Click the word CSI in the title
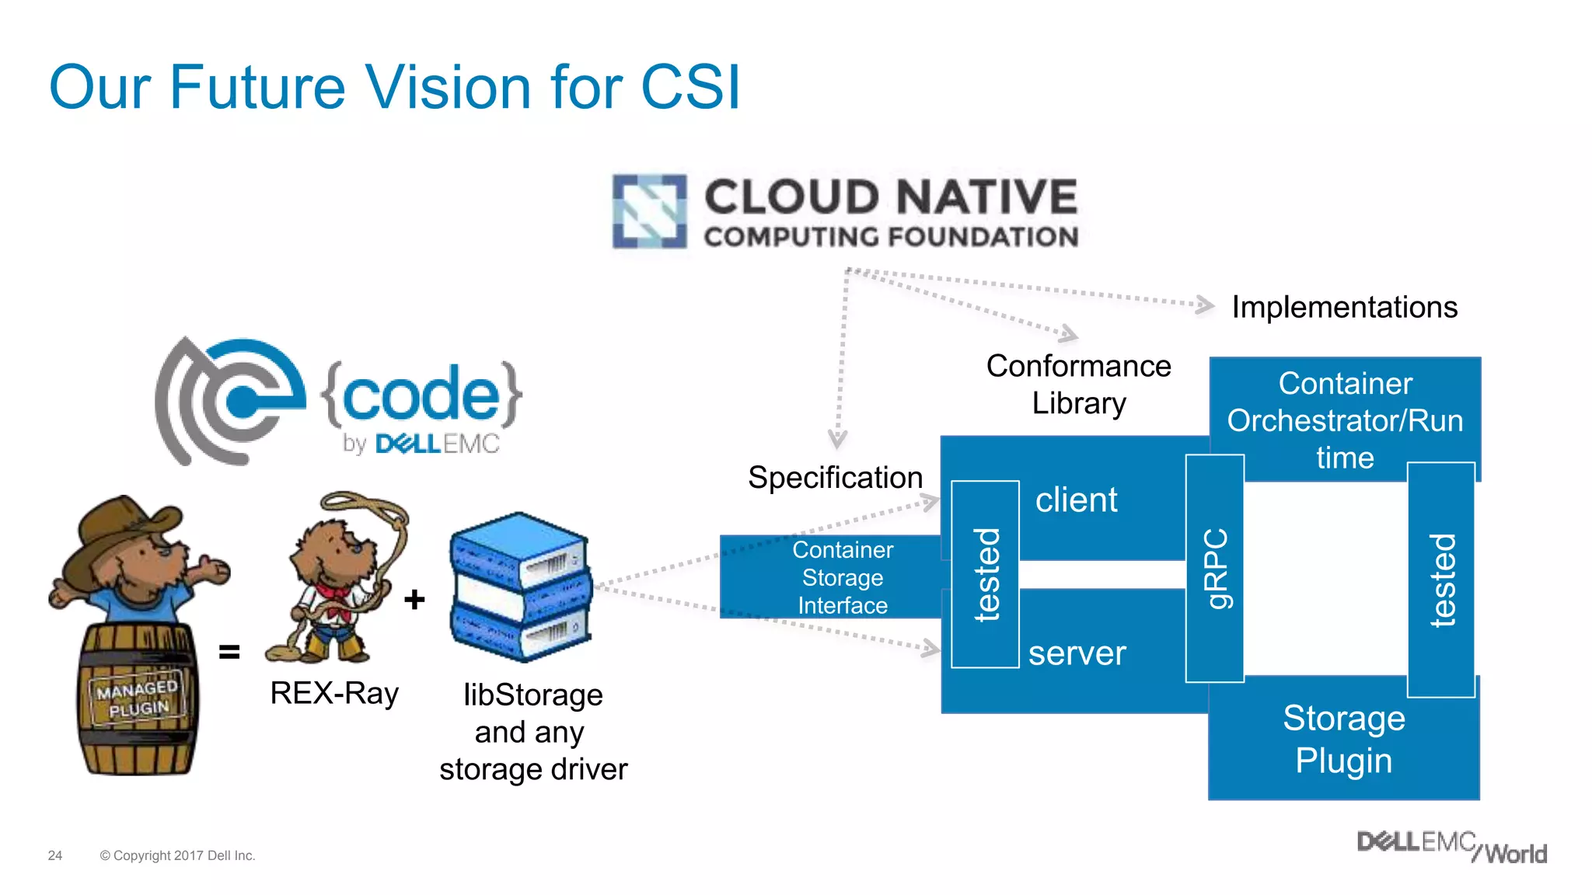(690, 87)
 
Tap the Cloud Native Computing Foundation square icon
(650, 211)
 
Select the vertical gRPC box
(1215, 569)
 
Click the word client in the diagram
(1076, 500)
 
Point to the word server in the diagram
(1077, 653)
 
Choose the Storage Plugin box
(1343, 740)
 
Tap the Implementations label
(1344, 307)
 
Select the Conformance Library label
(1078, 385)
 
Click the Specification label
(835, 477)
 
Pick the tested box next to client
(986, 574)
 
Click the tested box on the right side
(1441, 580)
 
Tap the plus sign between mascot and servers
(414, 599)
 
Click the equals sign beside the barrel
(229, 651)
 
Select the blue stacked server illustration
(519, 587)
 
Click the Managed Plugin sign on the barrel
(138, 698)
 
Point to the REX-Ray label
(334, 693)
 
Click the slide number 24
(55, 855)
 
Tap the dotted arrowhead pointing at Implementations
(1204, 305)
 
